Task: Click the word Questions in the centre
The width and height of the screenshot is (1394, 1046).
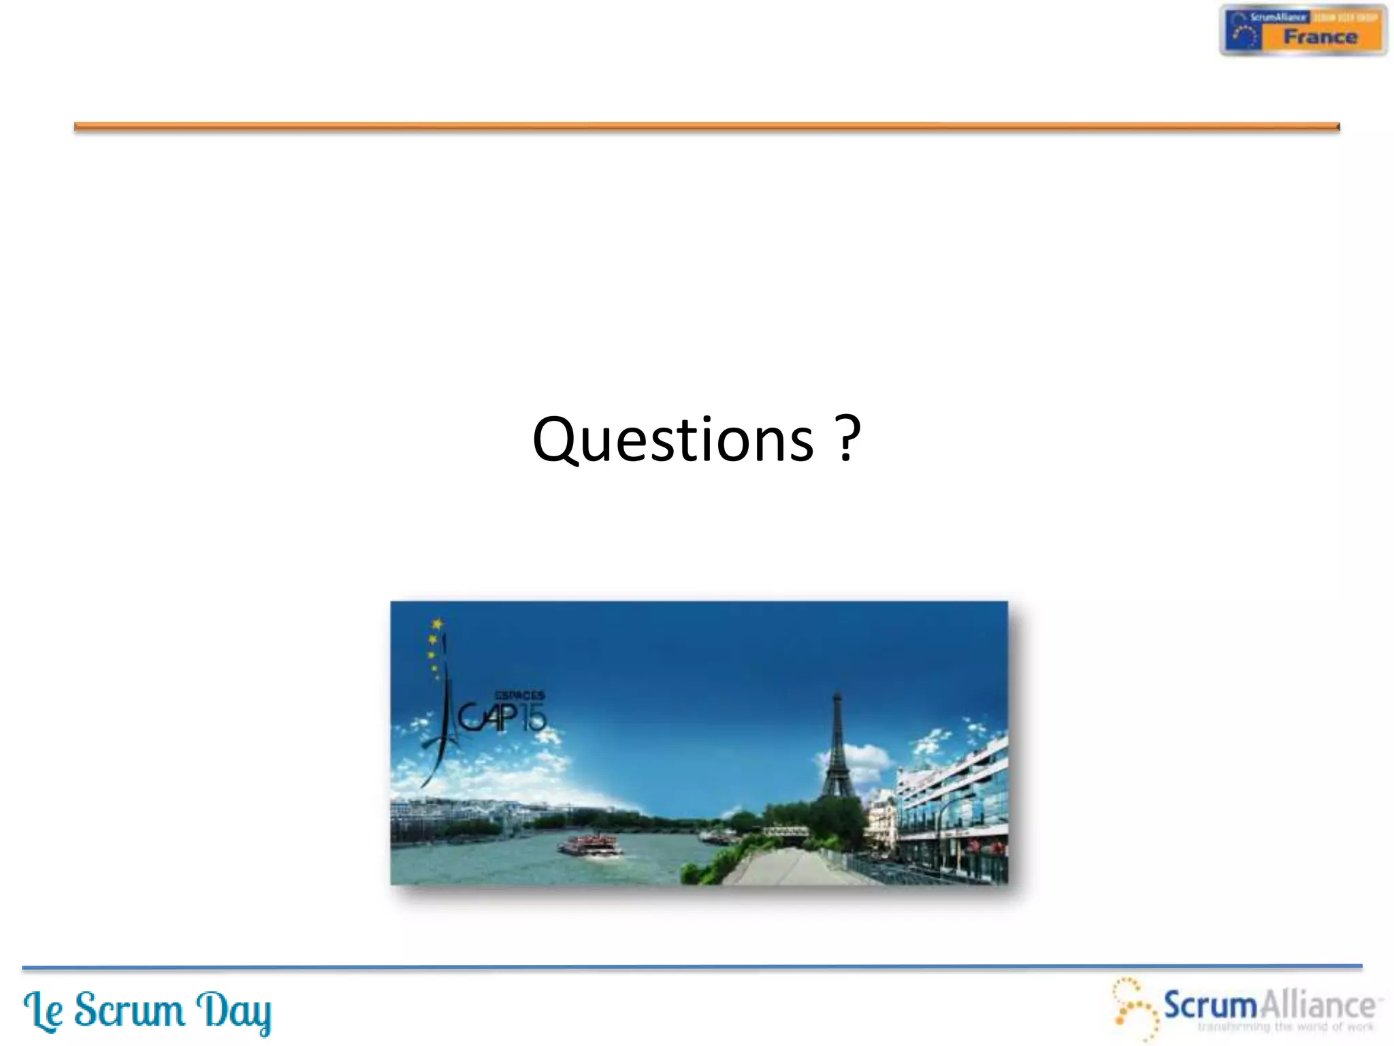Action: pos(672,441)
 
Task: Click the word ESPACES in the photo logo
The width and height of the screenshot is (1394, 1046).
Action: pos(519,695)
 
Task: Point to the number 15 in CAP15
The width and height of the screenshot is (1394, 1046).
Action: pos(534,718)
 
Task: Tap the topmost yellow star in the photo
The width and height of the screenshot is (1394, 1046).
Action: pos(438,623)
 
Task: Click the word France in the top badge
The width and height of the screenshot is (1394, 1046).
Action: pos(1320,37)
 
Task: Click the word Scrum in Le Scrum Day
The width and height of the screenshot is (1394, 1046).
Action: pos(129,1010)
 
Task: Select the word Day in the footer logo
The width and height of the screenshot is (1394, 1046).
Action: pos(233,1011)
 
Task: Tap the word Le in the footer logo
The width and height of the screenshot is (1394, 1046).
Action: pos(44,1011)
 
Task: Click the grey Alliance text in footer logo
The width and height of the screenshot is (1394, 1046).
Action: pos(1316,1005)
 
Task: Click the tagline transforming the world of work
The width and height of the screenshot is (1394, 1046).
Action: pos(1285,1027)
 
